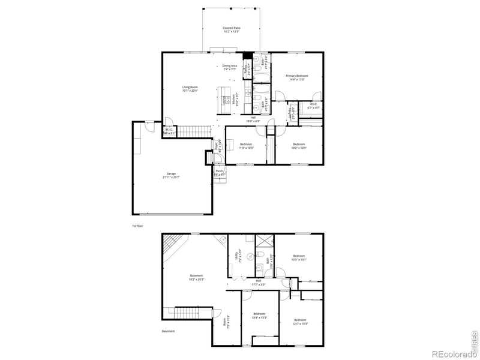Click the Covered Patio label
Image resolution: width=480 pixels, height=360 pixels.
point(232,29)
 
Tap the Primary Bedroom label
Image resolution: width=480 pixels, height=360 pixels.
point(297,77)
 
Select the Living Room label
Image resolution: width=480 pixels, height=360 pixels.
point(191,89)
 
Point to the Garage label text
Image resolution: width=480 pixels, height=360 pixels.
point(172,176)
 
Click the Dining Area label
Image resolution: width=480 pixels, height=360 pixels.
point(230,67)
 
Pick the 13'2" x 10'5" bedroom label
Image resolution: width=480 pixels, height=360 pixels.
point(299,146)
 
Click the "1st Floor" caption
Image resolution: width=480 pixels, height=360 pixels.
point(138,226)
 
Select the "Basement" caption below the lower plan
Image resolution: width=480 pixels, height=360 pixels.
point(168,331)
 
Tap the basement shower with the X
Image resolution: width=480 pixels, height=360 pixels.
point(264,241)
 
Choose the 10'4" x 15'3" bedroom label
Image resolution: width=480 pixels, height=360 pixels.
point(259,316)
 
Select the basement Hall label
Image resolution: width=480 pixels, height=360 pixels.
point(258,282)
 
